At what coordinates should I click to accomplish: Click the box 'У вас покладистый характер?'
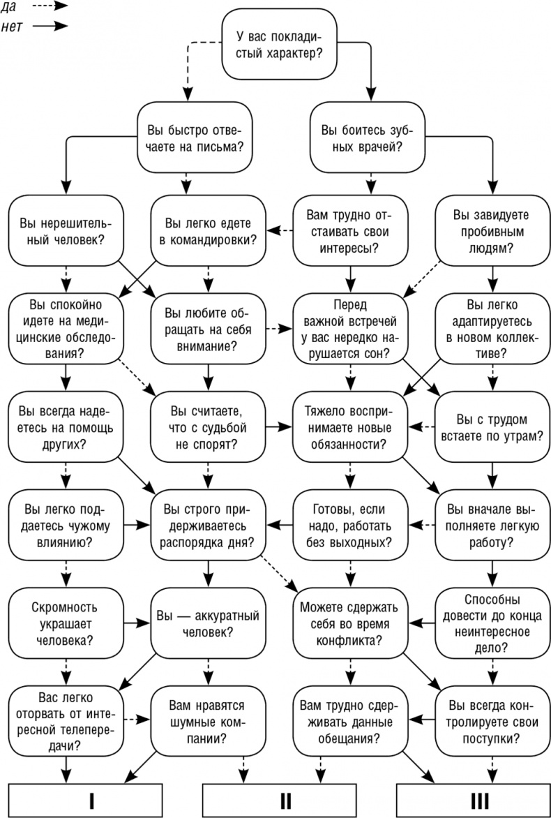click(279, 45)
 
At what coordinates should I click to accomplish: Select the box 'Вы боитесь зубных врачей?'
click(368, 138)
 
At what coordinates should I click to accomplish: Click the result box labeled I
click(86, 800)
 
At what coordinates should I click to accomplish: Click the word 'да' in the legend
click(10, 6)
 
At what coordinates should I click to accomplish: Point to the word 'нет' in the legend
click(13, 25)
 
